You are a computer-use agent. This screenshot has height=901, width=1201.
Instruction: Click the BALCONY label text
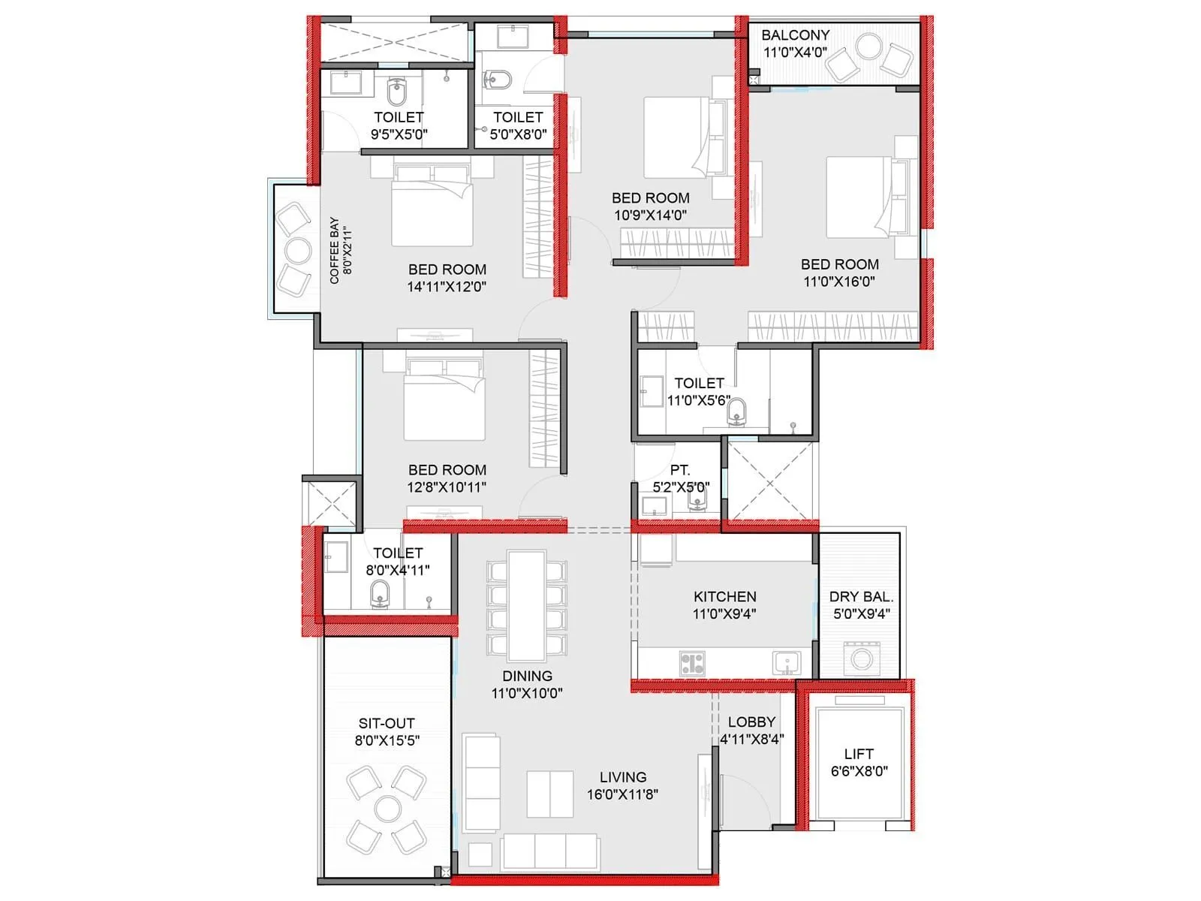coord(795,35)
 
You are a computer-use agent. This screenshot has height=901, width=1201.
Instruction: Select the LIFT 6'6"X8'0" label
coord(859,762)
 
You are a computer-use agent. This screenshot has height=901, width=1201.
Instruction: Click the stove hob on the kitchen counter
coord(692,663)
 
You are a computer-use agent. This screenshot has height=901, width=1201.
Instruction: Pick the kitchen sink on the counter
coord(786,662)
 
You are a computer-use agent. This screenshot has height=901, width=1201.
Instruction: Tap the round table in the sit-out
coord(387,809)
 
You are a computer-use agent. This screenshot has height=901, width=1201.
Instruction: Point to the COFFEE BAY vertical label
coord(340,251)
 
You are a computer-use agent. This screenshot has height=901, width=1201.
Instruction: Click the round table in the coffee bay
coord(297,250)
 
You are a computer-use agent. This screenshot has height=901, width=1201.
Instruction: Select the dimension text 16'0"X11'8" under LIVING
coord(622,794)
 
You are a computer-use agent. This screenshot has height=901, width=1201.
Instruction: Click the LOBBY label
coord(751,722)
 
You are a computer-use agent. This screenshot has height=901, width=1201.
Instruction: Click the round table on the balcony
coord(868,47)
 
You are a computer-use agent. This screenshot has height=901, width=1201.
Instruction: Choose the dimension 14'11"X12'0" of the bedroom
coord(447,287)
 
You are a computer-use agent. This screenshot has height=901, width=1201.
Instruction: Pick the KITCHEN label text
coord(724,597)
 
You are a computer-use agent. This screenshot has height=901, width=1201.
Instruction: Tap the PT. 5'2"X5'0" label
coord(680,478)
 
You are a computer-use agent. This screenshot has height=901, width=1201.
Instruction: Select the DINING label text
coord(527,677)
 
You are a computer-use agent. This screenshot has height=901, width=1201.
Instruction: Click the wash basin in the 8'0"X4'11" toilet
coord(336,559)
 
